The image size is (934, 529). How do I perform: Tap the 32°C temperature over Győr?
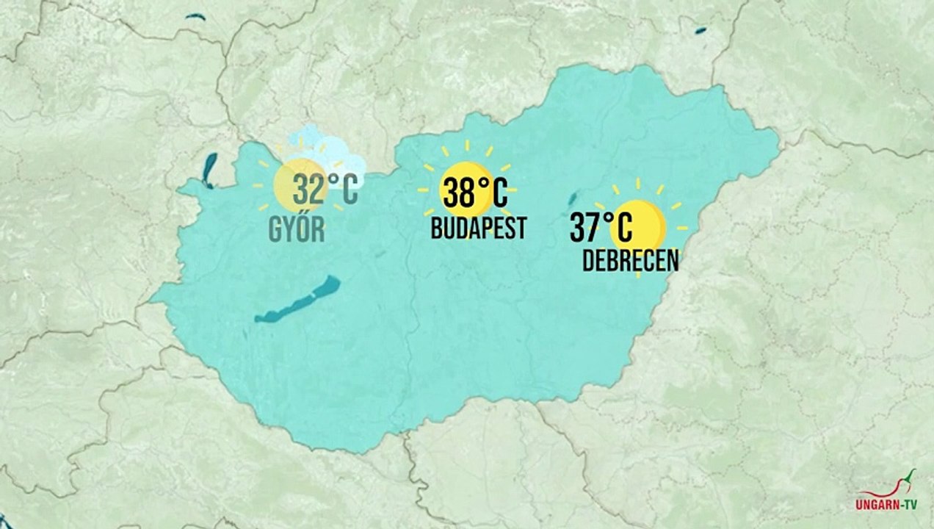pyautogui.click(x=325, y=190)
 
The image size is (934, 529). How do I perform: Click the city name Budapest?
pyautogui.click(x=478, y=228)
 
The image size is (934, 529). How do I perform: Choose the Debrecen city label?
pyautogui.click(x=630, y=261)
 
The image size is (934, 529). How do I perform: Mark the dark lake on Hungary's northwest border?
pyautogui.click(x=210, y=170)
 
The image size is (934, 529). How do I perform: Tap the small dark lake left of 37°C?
pyautogui.click(x=572, y=198)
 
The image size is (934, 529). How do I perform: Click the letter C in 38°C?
pyautogui.click(x=498, y=194)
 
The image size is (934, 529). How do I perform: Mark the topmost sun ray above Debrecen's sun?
pyautogui.click(x=638, y=183)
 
